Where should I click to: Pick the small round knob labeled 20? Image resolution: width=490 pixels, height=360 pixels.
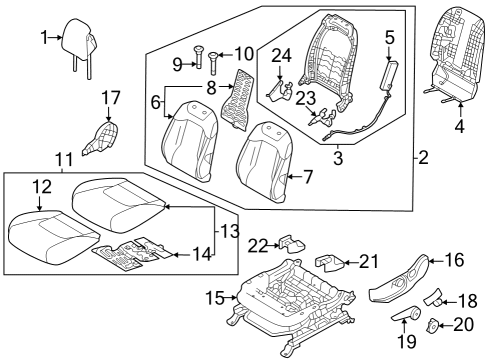coord(435,325)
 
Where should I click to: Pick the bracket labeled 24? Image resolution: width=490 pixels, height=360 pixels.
coord(281,90)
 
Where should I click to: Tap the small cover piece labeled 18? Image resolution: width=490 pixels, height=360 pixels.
coord(437,296)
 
